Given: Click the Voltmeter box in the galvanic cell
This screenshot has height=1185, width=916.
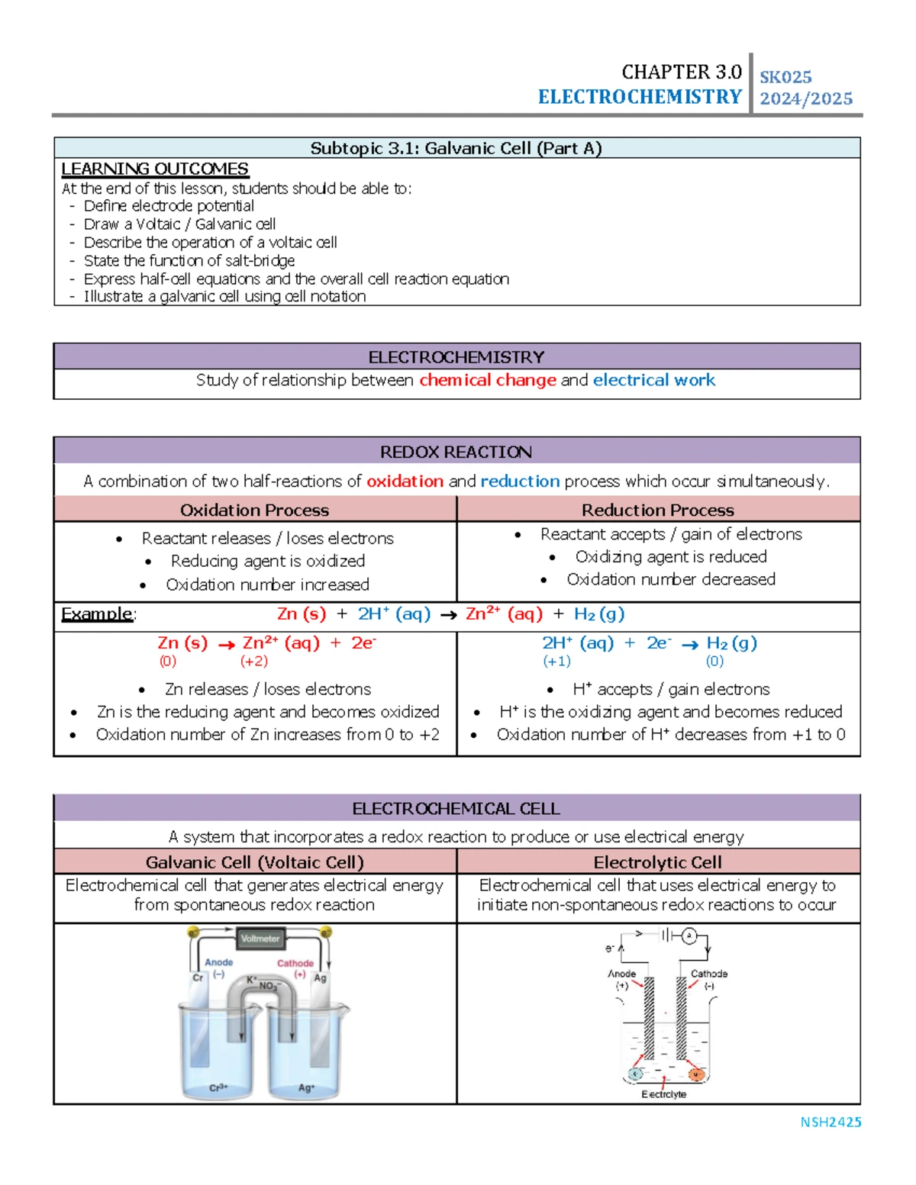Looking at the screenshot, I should click(260, 939).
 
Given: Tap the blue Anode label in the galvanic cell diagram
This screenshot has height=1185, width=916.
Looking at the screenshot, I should click(219, 962).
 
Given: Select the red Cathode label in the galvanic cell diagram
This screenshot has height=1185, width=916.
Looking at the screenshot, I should click(295, 963).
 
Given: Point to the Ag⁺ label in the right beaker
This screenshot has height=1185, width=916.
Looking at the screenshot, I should click(306, 1087).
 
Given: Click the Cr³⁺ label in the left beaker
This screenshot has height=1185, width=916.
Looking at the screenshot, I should click(218, 1087).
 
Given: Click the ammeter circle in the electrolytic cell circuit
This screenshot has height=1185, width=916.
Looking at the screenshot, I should click(689, 935).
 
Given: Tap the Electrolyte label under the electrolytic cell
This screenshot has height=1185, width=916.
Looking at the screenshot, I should click(663, 1094).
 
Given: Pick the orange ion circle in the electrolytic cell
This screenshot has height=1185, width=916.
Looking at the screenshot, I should click(695, 1074).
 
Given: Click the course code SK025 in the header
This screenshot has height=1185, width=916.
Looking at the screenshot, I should click(785, 77).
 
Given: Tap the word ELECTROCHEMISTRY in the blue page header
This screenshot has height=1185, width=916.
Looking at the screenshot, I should click(640, 97).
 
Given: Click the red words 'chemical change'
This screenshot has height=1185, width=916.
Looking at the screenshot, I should click(488, 380).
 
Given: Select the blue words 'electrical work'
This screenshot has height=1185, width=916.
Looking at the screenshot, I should click(654, 380).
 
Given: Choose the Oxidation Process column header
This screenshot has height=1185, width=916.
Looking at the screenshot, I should click(254, 510).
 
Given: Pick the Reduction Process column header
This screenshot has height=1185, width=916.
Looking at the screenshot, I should click(658, 510).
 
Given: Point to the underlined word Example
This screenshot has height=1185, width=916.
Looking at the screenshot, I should click(97, 613).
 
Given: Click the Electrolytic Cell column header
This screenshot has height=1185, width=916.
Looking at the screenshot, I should click(658, 862).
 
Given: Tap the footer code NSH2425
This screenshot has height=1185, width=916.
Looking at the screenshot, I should click(831, 1122).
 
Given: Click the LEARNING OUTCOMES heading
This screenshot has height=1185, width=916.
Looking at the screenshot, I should click(155, 169).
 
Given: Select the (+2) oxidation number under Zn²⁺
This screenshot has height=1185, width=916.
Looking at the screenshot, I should click(254, 661).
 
